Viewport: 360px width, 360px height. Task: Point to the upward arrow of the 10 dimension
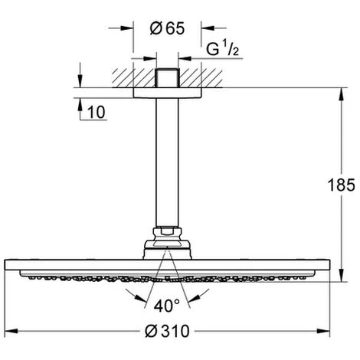point(79,103)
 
